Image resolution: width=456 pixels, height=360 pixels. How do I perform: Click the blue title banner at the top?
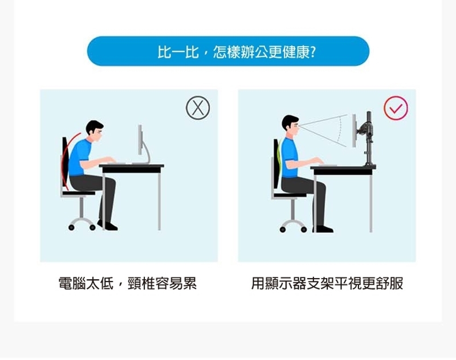[228, 51]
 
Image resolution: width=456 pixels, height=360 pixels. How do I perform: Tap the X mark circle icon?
[198, 108]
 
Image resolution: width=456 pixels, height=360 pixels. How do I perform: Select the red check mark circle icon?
[396, 108]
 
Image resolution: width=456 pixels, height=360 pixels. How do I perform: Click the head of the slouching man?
[95, 131]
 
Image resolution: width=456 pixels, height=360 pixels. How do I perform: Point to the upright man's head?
[290, 126]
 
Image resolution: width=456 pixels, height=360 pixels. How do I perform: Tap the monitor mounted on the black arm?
[354, 130]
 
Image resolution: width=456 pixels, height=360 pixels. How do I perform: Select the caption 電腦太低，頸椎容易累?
[127, 284]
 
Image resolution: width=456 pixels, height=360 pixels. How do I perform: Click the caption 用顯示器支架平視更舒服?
[327, 284]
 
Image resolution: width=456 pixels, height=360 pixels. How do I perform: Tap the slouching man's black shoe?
[108, 226]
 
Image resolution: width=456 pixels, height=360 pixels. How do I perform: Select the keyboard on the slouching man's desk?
[116, 163]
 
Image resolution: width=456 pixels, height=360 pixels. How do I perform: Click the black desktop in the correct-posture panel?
[343, 170]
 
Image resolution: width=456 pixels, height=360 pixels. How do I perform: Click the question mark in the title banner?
[313, 52]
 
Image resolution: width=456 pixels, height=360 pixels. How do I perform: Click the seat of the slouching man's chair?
[79, 193]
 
